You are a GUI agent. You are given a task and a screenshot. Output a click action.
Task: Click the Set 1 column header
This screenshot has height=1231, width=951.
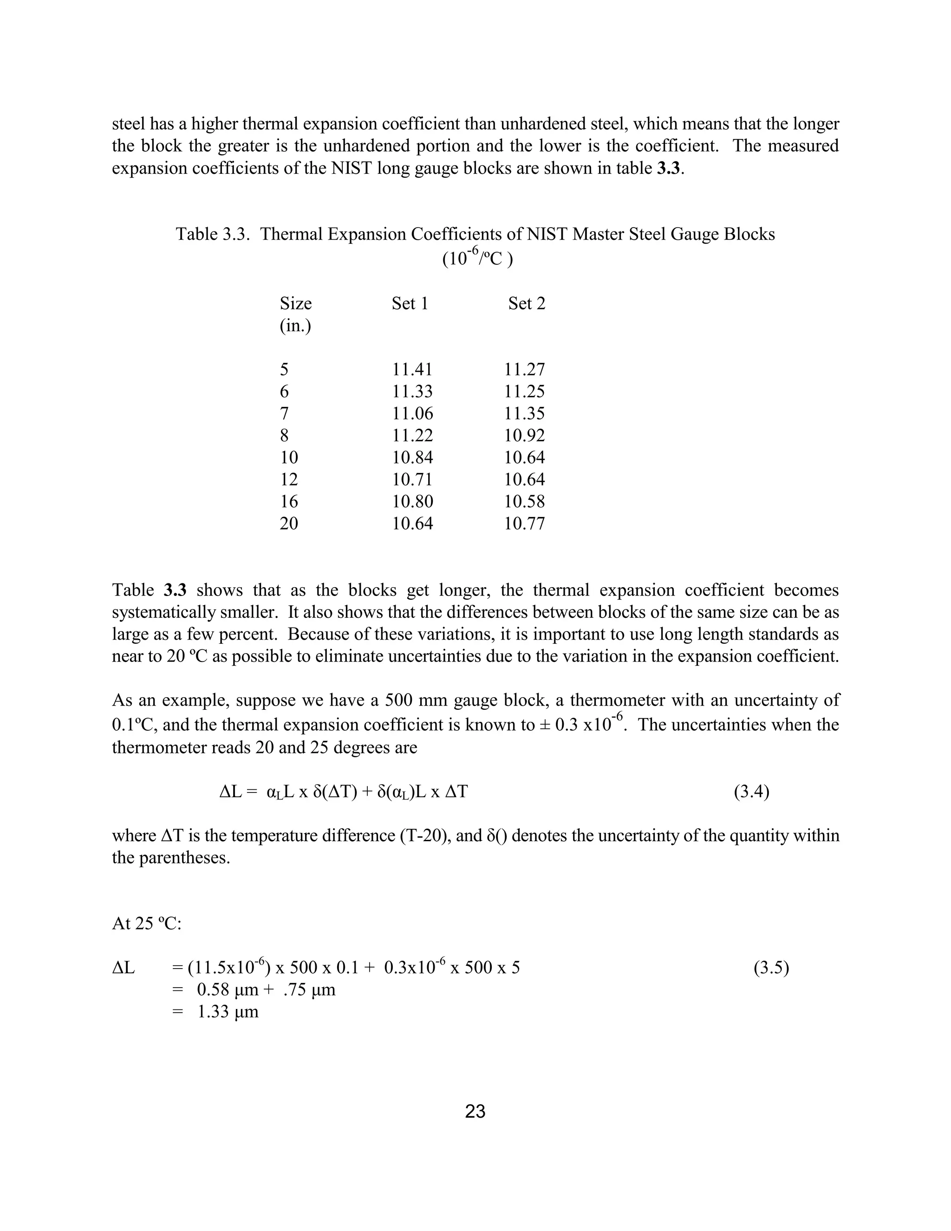410,304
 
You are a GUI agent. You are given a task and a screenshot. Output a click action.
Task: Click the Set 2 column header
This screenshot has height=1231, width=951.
526,304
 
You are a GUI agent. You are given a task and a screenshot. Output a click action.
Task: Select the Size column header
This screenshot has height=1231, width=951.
295,304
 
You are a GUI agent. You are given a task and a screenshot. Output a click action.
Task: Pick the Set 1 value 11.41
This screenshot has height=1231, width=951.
412,370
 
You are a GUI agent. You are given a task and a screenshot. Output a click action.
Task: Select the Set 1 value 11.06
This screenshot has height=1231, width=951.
412,414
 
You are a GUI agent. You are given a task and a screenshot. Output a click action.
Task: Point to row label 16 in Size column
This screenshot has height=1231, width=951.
288,502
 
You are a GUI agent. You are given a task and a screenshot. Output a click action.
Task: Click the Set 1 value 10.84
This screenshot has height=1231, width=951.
412,458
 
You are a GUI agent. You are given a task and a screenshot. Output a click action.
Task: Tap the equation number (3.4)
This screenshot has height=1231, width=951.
751,792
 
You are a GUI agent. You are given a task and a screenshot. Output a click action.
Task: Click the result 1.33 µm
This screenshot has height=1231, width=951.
228,1012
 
